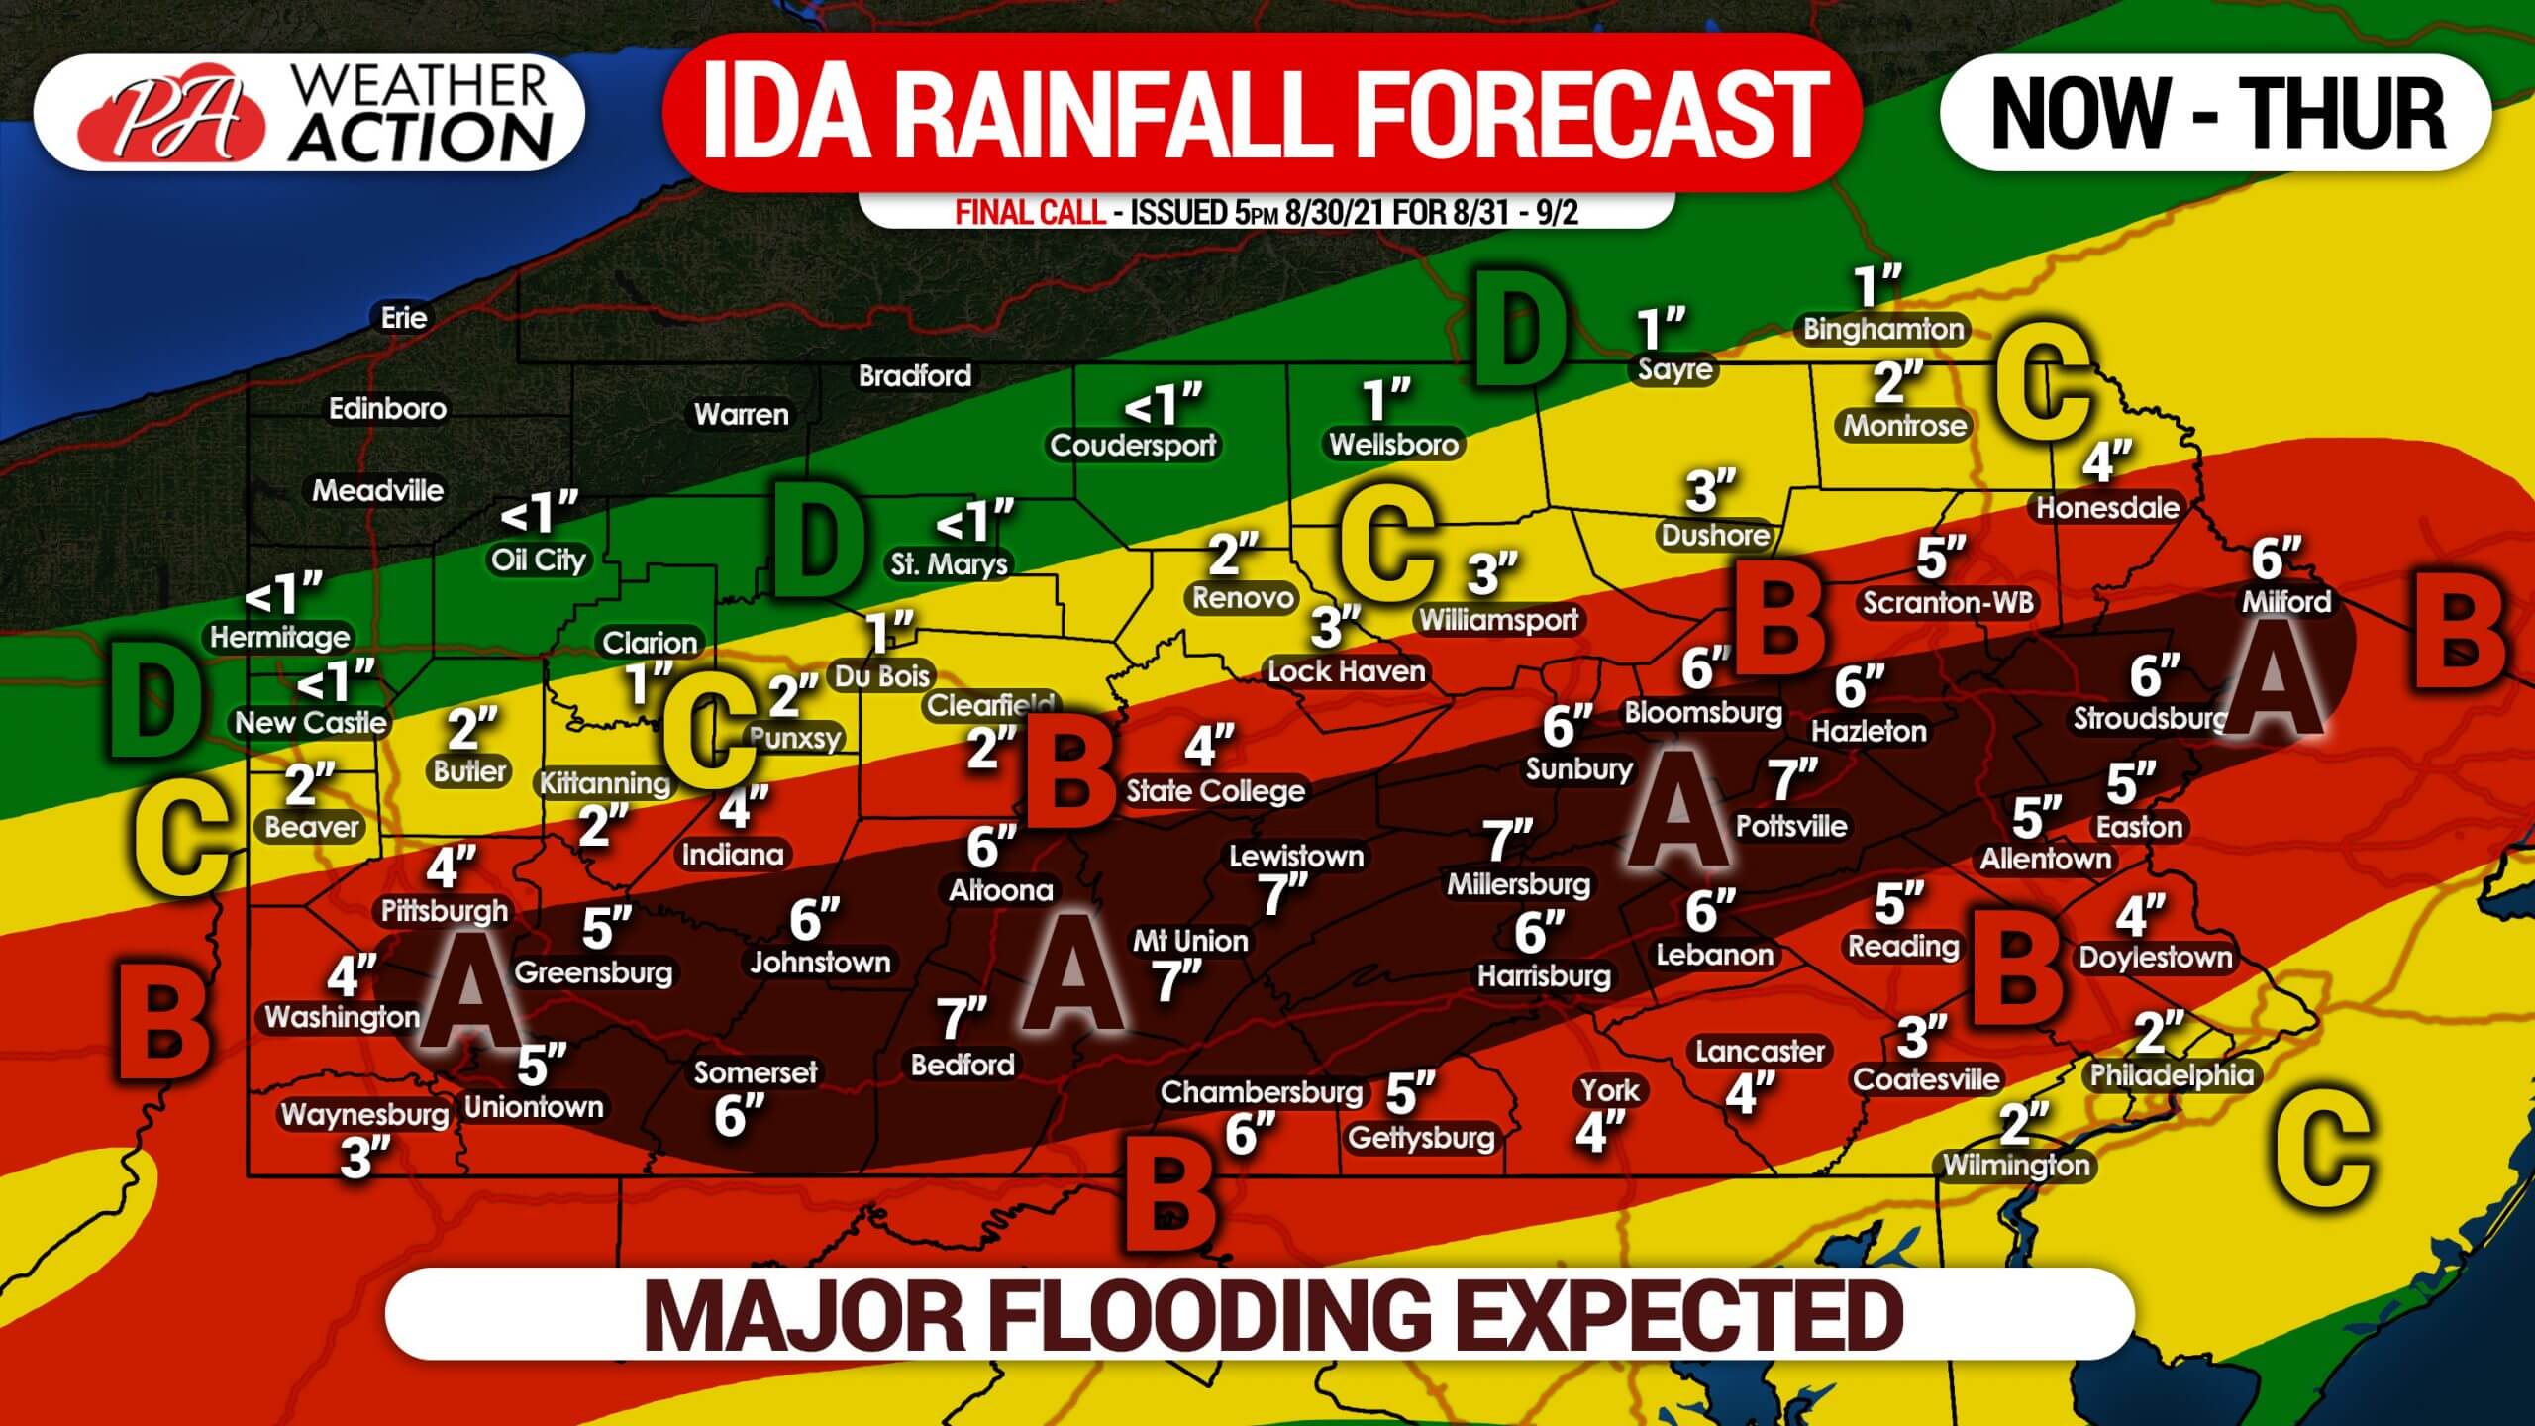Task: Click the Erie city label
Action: pos(404,318)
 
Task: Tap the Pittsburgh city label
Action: pos(445,911)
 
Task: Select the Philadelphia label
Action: pos(2172,1075)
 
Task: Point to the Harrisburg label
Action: pos(1544,976)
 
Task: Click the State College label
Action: pos(1216,791)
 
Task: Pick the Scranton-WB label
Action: pos(1947,603)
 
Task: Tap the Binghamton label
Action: pos(1882,330)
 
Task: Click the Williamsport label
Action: pos(1498,620)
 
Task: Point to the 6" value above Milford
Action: pos(2275,560)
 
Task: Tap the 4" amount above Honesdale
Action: pos(2105,461)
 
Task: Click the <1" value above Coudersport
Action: pos(1163,404)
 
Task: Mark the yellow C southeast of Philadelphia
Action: pos(2322,1149)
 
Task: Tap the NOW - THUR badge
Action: pos(2216,113)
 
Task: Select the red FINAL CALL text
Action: pos(1030,212)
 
